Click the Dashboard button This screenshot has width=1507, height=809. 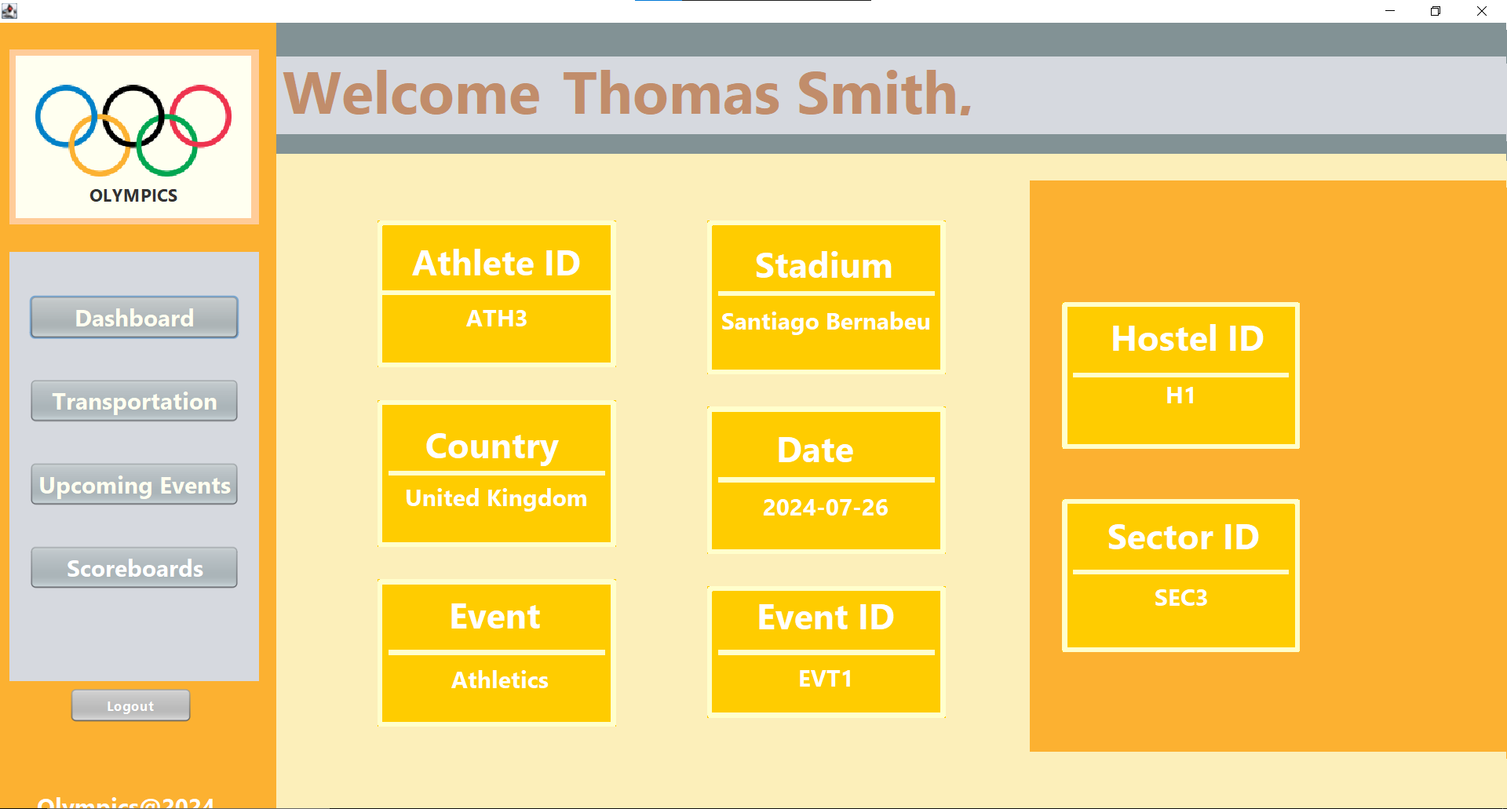[134, 317]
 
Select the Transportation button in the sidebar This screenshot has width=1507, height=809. [134, 401]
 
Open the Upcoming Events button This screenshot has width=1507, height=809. [134, 484]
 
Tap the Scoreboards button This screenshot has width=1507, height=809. [134, 567]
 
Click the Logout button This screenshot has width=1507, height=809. [130, 705]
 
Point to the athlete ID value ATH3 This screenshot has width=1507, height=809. [497, 319]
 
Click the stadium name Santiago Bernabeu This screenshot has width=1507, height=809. [825, 322]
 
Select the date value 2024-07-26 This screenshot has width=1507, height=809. [826, 508]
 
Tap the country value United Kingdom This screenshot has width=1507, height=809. [496, 498]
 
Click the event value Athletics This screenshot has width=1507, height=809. [500, 680]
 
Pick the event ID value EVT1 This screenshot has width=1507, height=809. [825, 679]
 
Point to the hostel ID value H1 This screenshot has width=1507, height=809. [1180, 395]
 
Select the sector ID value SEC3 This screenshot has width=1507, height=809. [1180, 598]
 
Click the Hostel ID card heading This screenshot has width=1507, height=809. [1188, 339]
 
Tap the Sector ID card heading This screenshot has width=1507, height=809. [1183, 538]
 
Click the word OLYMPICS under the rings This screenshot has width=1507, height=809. [133, 195]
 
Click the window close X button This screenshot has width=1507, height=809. [1482, 11]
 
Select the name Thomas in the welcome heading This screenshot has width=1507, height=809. [672, 93]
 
